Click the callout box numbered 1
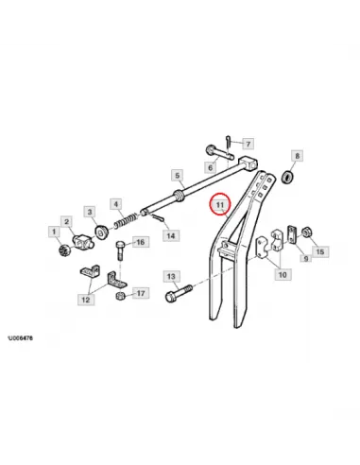coord(54,232)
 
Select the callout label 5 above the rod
coord(177,175)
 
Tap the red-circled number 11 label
coord(219,204)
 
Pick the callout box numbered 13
coord(171,276)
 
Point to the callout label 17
coord(141,293)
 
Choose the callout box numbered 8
coord(297,156)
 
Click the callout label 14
coord(171,235)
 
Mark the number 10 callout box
coord(283,274)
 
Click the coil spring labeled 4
coord(126,220)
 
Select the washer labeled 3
coord(102,232)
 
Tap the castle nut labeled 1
coord(64,250)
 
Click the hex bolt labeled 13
coord(179,294)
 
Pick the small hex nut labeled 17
coord(120,296)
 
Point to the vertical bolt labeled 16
coord(120,250)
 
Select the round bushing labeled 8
coord(288,177)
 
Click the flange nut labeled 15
coord(306,232)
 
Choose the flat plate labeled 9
coord(292,234)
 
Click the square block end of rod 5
coord(249,164)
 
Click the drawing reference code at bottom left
coord(20,338)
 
